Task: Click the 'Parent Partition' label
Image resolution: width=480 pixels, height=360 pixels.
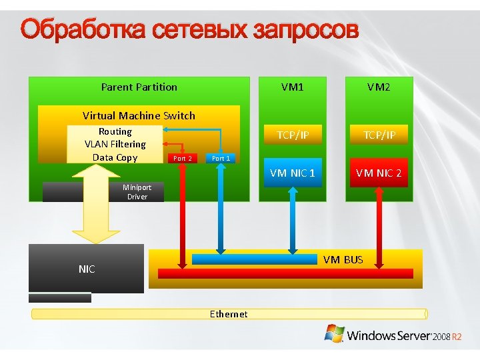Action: click(139, 87)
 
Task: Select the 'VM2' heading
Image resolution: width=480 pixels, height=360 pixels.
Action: click(378, 87)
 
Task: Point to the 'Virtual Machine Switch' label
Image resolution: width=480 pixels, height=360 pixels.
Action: click(139, 115)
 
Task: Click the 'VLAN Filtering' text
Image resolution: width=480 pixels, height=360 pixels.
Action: click(115, 144)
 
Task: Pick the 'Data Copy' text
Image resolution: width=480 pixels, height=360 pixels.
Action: click(115, 157)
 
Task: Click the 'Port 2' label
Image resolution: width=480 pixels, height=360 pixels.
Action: click(182, 158)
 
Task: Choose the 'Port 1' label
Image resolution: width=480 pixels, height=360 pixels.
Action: click(220, 158)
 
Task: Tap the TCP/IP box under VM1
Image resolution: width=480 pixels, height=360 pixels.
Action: click(293, 135)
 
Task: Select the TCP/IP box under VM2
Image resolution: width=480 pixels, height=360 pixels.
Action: click(379, 135)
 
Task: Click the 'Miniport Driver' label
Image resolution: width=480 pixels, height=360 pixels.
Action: click(137, 192)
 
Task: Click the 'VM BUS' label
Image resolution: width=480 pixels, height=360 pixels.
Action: click(343, 259)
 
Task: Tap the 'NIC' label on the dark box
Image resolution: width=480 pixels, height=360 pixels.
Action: click(87, 269)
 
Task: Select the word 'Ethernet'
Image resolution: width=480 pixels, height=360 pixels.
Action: click(229, 314)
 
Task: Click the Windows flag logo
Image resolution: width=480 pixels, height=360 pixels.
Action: click(334, 333)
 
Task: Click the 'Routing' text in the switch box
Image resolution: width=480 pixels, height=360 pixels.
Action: click(115, 131)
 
